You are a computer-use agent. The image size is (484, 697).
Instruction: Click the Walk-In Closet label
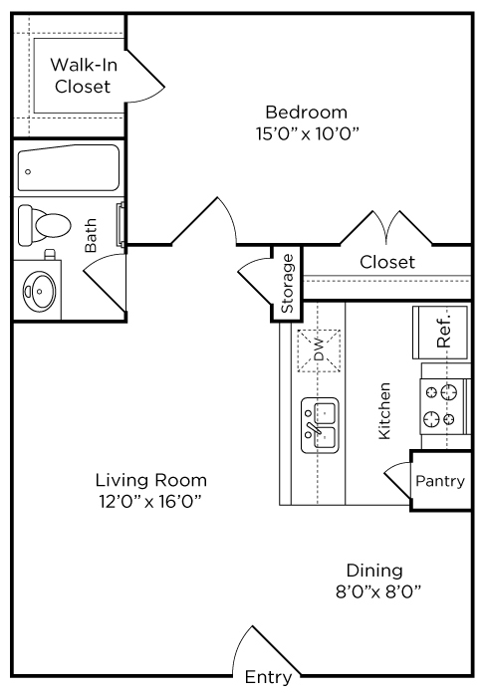83,76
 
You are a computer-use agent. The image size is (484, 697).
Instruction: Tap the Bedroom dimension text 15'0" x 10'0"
307,133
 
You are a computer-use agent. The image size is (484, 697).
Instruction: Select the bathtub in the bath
69,168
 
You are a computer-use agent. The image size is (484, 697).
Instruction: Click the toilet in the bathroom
44,225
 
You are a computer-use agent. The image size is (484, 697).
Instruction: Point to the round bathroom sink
40,291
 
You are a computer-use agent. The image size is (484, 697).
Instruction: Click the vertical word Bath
91,235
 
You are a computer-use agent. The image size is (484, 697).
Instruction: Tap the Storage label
287,283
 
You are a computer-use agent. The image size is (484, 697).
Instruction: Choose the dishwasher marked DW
319,350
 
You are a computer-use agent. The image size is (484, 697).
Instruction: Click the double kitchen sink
320,425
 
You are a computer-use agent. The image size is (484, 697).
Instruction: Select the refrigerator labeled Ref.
440,332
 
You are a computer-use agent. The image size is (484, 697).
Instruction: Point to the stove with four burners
445,406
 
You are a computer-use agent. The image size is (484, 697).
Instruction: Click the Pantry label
440,481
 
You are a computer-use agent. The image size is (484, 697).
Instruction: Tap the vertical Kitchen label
384,411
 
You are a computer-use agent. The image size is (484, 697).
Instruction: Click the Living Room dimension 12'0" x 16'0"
150,502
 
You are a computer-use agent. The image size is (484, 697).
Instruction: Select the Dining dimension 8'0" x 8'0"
378,591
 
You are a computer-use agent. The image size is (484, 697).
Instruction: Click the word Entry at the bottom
268,677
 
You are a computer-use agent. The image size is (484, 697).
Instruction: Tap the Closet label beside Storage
387,262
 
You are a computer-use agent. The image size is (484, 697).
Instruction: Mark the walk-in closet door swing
146,76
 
